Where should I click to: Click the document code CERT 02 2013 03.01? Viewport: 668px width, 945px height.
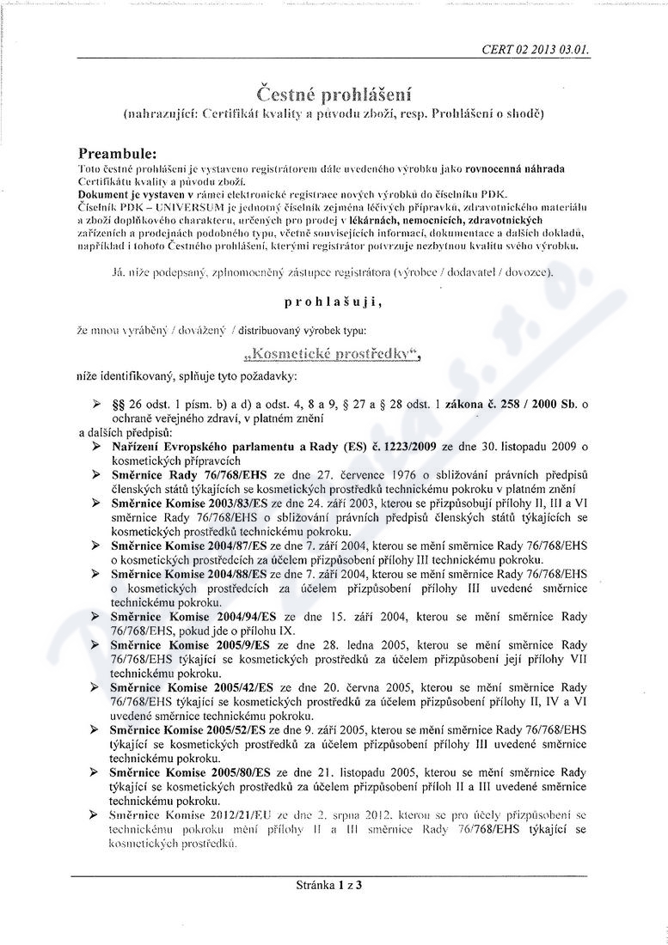536,50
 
